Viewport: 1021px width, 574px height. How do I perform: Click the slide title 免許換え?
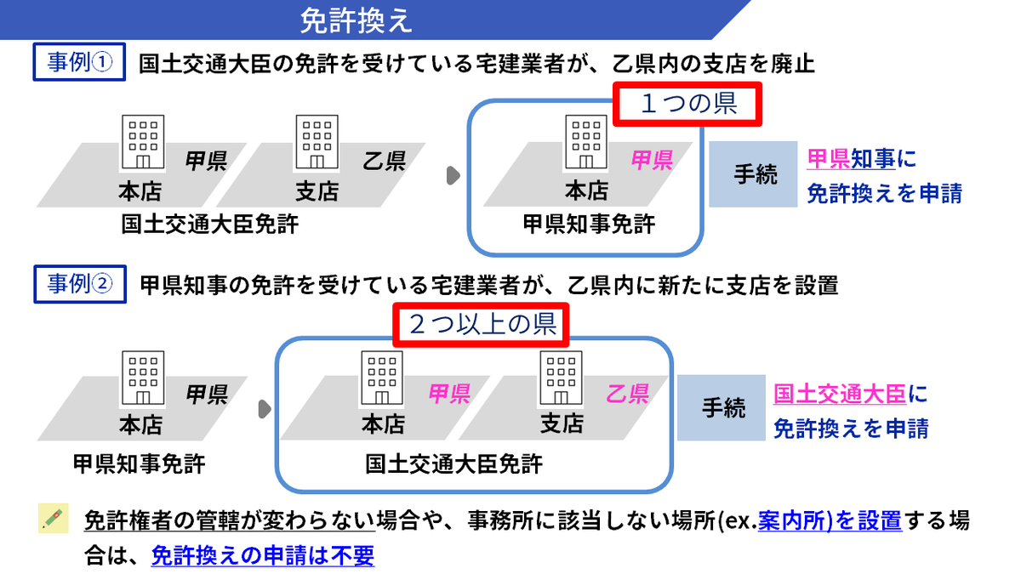coord(356,20)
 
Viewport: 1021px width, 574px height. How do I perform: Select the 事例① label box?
coord(79,64)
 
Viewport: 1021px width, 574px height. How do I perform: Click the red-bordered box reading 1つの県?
coord(687,105)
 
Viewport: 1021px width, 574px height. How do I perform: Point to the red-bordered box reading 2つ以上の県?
coord(482,324)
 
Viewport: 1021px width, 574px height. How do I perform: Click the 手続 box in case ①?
coord(755,174)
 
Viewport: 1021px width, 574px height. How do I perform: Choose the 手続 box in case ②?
coord(722,408)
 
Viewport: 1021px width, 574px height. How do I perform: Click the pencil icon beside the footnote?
coord(53,519)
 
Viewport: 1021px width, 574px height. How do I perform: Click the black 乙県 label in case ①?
coord(384,161)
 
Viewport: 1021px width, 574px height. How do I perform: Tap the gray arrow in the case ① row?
coord(453,176)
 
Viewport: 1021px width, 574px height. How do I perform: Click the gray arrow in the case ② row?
coord(264,409)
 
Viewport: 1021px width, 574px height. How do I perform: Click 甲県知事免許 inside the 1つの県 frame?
coord(588,224)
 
